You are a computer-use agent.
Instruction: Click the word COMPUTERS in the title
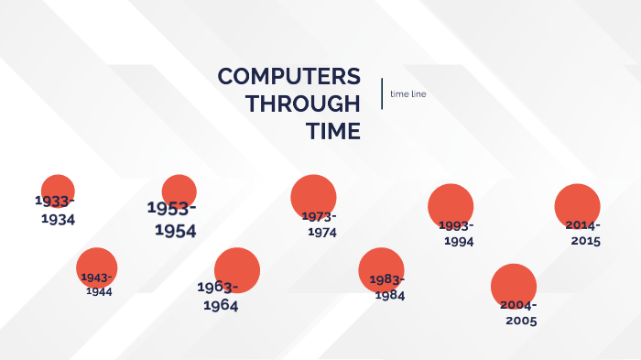pyautogui.click(x=288, y=77)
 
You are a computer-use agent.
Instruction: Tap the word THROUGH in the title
pyautogui.click(x=302, y=104)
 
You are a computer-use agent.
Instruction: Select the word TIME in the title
pyautogui.click(x=333, y=131)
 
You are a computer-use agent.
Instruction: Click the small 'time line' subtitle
pyautogui.click(x=407, y=93)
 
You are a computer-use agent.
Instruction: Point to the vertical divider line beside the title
pyautogui.click(x=382, y=93)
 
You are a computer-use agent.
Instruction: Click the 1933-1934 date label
pyautogui.click(x=56, y=210)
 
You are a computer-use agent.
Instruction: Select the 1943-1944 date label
pyautogui.click(x=97, y=284)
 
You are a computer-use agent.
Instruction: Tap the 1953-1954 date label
pyautogui.click(x=172, y=219)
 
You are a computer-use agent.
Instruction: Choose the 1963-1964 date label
pyautogui.click(x=219, y=297)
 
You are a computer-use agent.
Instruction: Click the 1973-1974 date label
pyautogui.click(x=320, y=224)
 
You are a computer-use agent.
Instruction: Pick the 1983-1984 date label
pyautogui.click(x=387, y=287)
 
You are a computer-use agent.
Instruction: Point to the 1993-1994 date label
pyautogui.click(x=457, y=234)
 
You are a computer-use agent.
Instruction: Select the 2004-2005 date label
pyautogui.click(x=518, y=312)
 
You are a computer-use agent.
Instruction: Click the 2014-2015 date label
pyautogui.click(x=583, y=233)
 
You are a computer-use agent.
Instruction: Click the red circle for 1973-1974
pyautogui.click(x=313, y=194)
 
